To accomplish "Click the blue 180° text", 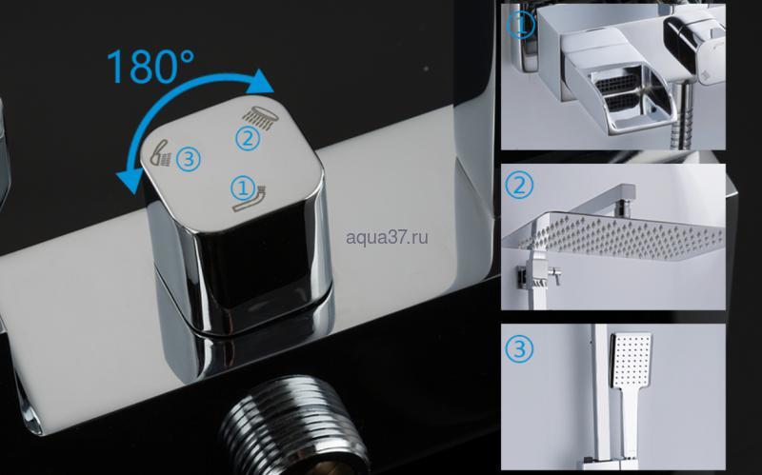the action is click(x=150, y=66).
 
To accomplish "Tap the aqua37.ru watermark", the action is click(x=387, y=238).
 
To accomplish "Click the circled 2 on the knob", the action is click(x=248, y=138).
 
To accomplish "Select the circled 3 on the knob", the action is click(x=189, y=159).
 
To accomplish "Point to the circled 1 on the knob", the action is click(x=243, y=188).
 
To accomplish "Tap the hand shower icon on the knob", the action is click(x=161, y=153).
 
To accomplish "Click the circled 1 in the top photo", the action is click(x=520, y=25).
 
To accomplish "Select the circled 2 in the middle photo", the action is click(x=519, y=185).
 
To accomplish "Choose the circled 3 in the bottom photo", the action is click(x=519, y=348).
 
